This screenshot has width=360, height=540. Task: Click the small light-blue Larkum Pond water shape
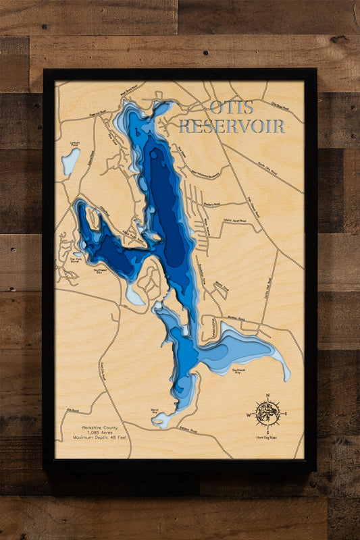tap(70, 162)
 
